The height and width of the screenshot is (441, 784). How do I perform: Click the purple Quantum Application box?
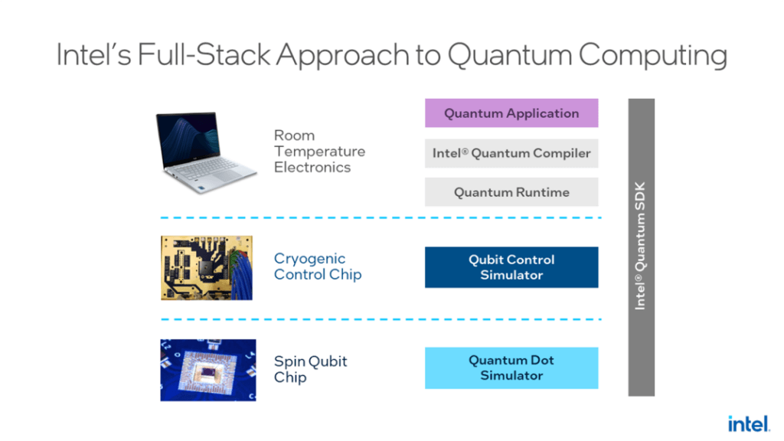click(x=511, y=113)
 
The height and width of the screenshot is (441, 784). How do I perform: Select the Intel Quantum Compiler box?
click(x=511, y=153)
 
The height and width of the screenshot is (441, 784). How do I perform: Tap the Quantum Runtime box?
click(x=511, y=192)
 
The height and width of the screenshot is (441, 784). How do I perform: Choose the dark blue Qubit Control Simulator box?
click(x=511, y=267)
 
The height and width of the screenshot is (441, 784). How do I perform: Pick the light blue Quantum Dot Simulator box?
click(x=511, y=367)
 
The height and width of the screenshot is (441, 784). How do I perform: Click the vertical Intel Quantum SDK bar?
click(x=641, y=247)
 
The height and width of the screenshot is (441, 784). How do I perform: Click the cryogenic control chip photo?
click(x=206, y=267)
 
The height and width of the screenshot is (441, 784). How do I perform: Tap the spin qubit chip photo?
click(x=207, y=370)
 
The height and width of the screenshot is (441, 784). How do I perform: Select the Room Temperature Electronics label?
click(x=319, y=152)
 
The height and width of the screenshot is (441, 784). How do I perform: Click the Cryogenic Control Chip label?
click(x=317, y=266)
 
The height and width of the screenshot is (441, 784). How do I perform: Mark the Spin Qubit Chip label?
click(x=310, y=369)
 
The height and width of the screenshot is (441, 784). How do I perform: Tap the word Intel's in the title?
click(x=93, y=55)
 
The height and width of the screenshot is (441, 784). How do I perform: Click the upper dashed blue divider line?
click(x=381, y=218)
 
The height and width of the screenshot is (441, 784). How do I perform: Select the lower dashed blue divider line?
click(x=381, y=319)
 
